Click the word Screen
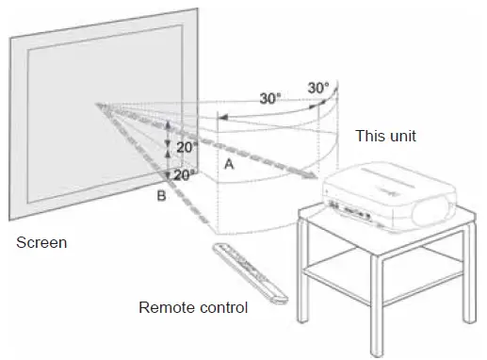click(x=42, y=243)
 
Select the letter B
click(x=162, y=195)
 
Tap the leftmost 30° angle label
click(x=271, y=97)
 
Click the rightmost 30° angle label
click(x=318, y=88)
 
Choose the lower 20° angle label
click(x=184, y=174)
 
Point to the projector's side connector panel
click(x=350, y=205)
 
